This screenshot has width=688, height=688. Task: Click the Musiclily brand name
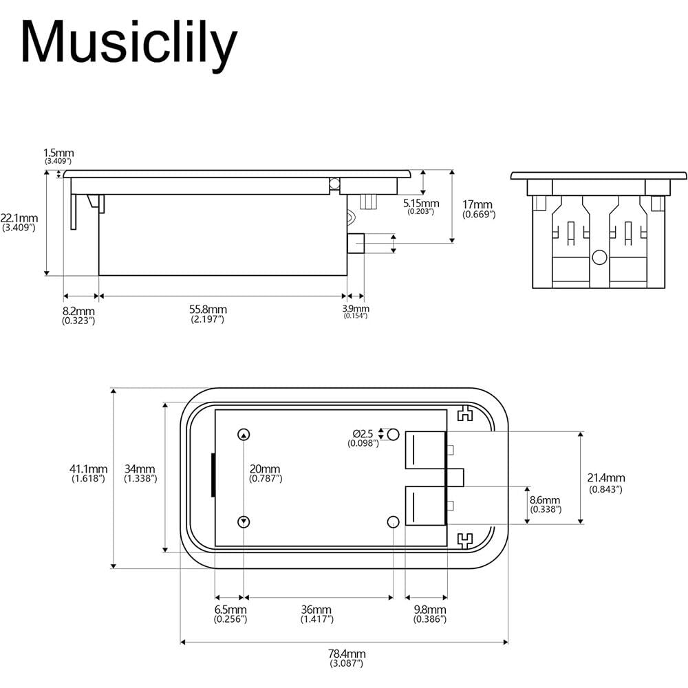click(x=128, y=43)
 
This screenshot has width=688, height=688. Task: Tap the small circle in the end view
click(x=599, y=258)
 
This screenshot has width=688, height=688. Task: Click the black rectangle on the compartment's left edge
click(x=213, y=475)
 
